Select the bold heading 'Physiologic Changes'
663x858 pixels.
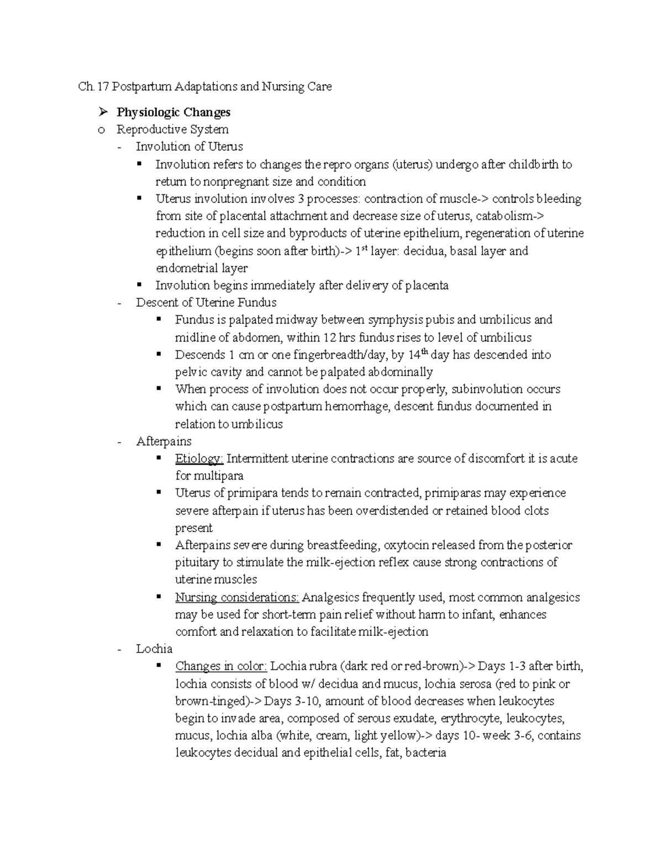coord(173,112)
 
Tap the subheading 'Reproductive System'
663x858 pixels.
coord(172,129)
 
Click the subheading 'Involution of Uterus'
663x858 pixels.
coord(189,146)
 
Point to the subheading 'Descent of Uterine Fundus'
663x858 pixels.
coord(206,302)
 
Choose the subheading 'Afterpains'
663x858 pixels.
coord(164,441)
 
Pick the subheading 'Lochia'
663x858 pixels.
coord(154,649)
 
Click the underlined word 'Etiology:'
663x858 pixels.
coord(199,459)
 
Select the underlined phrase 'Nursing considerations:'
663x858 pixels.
coord(237,597)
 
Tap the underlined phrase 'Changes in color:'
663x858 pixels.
coord(221,666)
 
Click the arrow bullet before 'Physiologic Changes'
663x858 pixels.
coord(102,112)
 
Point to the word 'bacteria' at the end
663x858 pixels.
coord(425,752)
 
